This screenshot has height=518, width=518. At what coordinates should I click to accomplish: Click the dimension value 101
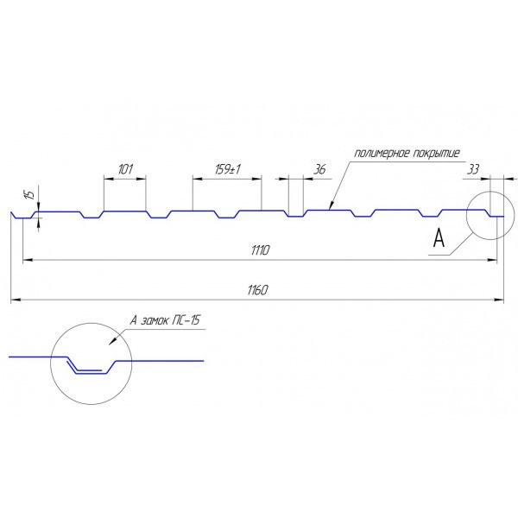pyautogui.click(x=125, y=169)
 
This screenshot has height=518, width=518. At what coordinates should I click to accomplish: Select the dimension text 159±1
pyautogui.click(x=228, y=169)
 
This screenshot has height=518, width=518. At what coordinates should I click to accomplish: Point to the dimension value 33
pyautogui.click(x=471, y=170)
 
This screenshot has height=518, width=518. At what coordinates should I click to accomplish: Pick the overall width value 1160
pyautogui.click(x=256, y=291)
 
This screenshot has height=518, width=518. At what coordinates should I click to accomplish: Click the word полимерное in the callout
pyautogui.click(x=377, y=155)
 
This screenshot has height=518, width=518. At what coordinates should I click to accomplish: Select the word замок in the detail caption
pyautogui.click(x=156, y=320)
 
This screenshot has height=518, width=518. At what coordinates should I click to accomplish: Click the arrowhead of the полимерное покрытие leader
pyautogui.click(x=330, y=207)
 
